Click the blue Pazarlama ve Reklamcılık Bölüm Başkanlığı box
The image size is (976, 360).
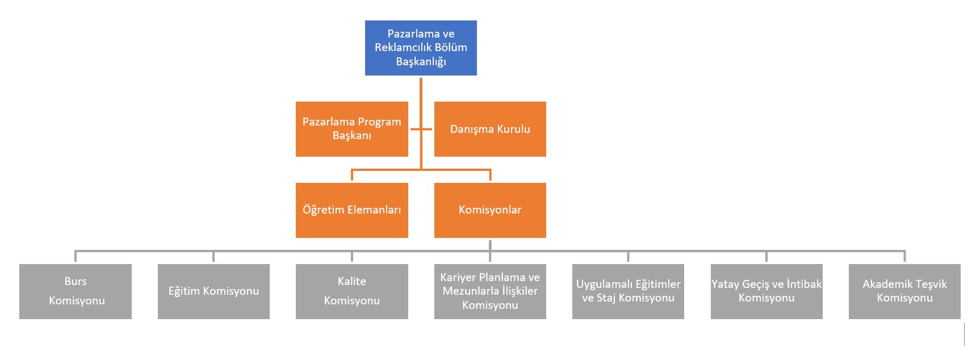[x=421, y=48]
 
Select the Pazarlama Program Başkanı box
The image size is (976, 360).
[x=352, y=129]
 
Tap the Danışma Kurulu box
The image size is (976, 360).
[x=490, y=129]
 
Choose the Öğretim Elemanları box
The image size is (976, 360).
[x=352, y=210]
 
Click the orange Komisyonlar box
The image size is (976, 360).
[x=490, y=210]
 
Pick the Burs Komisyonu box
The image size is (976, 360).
[x=76, y=291]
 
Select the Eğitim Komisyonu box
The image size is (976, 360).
[x=213, y=291]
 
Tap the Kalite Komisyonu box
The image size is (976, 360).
[x=352, y=291]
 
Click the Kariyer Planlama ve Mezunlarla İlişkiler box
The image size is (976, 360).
[x=490, y=291]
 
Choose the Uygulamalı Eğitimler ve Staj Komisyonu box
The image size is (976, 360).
[x=628, y=291]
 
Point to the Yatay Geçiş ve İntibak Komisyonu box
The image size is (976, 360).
[x=766, y=291]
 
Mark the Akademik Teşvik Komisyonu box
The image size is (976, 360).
[x=904, y=291]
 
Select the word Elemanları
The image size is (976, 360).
[x=374, y=210]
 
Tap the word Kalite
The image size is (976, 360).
[x=352, y=281]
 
